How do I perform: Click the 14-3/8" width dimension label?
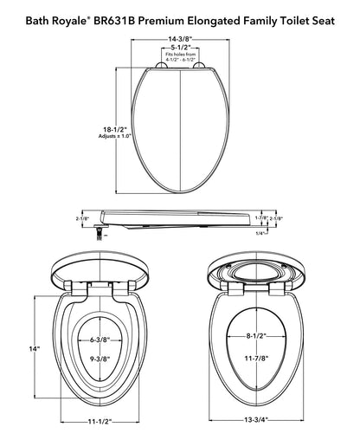180,39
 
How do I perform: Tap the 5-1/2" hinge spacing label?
180,48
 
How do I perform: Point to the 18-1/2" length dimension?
115,129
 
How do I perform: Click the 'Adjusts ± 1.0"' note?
115,136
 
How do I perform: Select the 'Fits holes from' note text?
180,55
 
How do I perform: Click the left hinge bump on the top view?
161,65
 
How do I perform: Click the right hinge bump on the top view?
199,65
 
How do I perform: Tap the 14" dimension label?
34,349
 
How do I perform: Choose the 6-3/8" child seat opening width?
100,340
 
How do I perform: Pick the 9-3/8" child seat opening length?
100,359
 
